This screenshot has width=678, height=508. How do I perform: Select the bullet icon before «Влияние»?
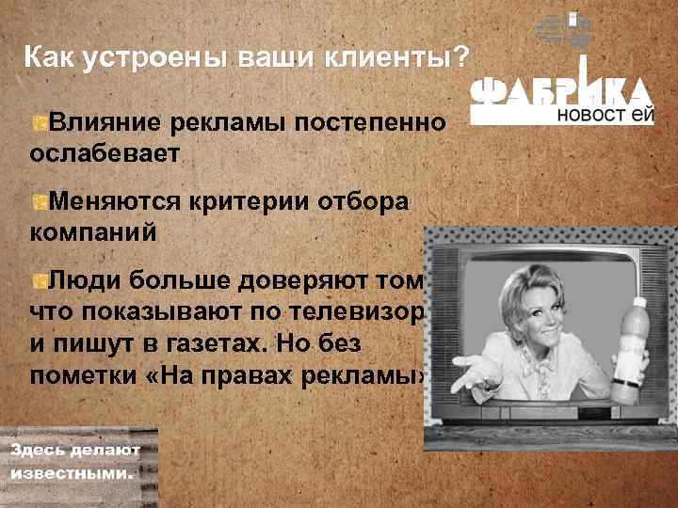tap(39, 123)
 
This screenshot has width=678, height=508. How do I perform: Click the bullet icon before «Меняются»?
tap(39, 202)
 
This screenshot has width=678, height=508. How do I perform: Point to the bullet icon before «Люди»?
tap(39, 280)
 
